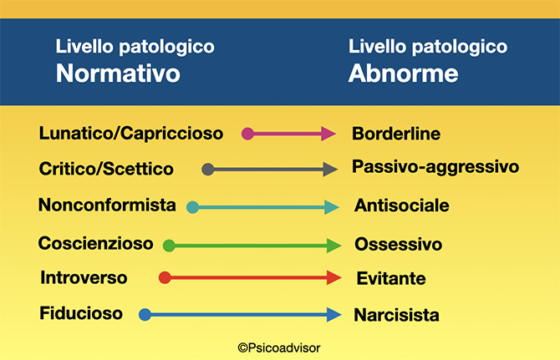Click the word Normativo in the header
(118, 74)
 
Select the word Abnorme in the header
(403, 74)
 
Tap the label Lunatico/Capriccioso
(131, 134)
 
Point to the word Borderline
(396, 134)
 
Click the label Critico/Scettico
(106, 169)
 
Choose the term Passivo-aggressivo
(435, 167)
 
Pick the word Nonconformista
(107, 205)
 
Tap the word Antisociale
(402, 205)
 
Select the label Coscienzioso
(96, 243)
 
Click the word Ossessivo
(398, 245)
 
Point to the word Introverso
(84, 277)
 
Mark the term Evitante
(391, 278)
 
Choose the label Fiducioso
(81, 313)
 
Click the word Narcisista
(396, 315)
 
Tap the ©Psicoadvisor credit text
(279, 347)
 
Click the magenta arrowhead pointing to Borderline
(328, 134)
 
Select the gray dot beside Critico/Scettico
(208, 169)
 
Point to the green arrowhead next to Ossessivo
(333, 246)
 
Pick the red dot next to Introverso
(165, 277)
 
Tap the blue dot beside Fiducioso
(145, 315)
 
